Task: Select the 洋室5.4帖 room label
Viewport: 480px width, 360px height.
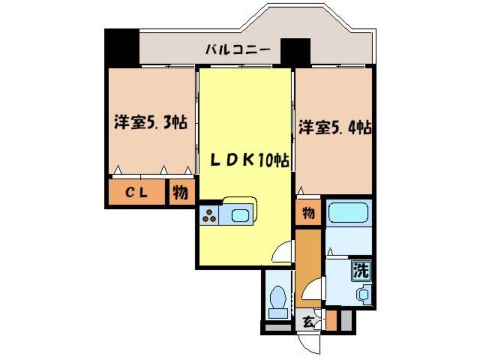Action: [334, 127]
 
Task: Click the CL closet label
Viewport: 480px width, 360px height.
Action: [137, 193]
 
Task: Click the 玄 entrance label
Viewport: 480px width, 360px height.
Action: [307, 322]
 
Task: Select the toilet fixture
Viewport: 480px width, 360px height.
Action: [278, 300]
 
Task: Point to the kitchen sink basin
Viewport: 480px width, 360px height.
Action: [242, 215]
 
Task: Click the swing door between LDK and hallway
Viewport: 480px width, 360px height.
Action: [282, 252]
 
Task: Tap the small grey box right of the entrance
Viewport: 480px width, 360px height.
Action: [346, 320]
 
